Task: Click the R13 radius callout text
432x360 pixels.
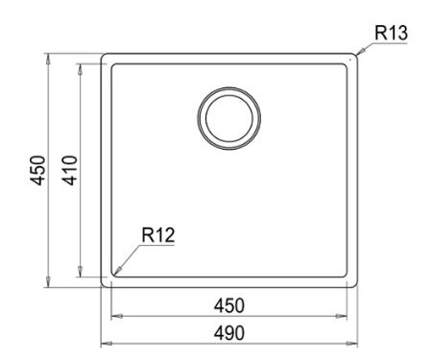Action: (392, 33)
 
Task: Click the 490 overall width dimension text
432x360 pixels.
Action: (228, 332)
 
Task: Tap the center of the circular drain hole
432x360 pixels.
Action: (228, 119)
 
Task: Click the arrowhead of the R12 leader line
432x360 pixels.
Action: (115, 275)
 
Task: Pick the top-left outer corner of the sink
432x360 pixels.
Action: (102, 54)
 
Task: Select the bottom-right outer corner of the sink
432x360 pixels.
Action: (358, 286)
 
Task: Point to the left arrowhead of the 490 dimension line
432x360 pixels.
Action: (104, 343)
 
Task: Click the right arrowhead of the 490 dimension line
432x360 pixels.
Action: (357, 343)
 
